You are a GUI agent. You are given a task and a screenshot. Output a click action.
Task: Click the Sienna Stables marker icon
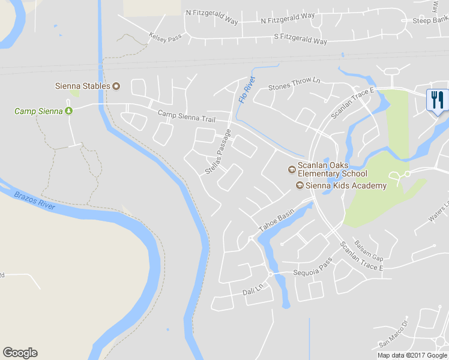116,86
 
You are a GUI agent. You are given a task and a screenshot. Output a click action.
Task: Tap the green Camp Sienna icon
68,111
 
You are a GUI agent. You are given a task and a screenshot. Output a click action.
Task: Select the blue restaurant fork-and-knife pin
436,100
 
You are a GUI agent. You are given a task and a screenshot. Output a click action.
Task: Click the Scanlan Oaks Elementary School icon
292,170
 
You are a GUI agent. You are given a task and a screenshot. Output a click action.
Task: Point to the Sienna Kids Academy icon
300,185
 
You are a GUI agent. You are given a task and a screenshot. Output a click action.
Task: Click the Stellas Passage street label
217,152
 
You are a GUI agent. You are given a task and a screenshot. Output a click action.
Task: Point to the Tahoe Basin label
276,221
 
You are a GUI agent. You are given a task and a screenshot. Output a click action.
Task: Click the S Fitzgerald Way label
300,39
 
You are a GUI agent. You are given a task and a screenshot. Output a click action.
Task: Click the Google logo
20,353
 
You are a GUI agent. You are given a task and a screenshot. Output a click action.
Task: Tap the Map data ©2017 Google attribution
412,355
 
